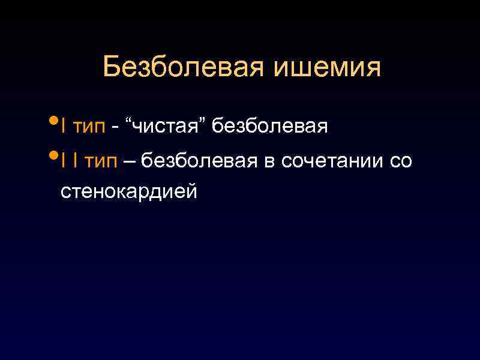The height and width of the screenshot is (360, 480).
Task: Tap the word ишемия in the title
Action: (x=327, y=68)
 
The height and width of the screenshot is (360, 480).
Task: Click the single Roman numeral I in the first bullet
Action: (x=63, y=127)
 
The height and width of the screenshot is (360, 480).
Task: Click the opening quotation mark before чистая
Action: (x=128, y=122)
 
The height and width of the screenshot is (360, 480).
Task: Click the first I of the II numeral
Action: (x=63, y=161)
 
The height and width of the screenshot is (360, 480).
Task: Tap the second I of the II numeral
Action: (x=74, y=161)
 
